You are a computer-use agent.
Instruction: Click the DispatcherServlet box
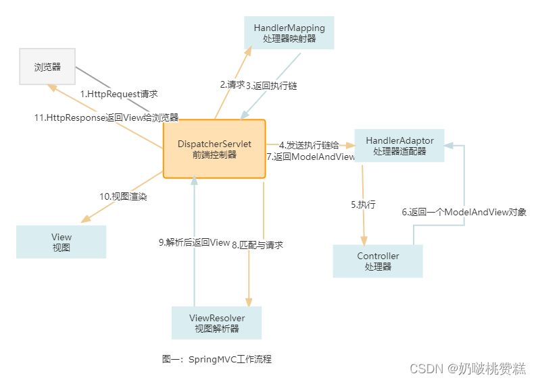(214, 149)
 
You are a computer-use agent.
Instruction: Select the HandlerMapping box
(289, 33)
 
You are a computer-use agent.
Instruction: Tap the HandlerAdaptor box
(399, 145)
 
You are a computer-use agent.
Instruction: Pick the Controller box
(378, 261)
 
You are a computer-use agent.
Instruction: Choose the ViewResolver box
(216, 323)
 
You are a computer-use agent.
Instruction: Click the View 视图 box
(61, 242)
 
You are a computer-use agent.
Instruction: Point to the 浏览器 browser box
(47, 67)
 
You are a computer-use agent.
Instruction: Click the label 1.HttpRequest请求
(119, 94)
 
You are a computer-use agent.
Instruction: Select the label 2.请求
(232, 85)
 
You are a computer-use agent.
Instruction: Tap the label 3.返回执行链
(271, 86)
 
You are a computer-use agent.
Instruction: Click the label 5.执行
(363, 204)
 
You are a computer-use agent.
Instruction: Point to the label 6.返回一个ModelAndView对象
(464, 212)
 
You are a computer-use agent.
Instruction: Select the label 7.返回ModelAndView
(310, 157)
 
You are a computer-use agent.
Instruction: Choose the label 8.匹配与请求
(258, 244)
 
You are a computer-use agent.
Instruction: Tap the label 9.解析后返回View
(195, 242)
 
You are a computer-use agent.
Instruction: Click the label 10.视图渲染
(123, 196)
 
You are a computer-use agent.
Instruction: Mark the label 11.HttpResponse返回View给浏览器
(106, 117)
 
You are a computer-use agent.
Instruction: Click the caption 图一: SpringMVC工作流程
(216, 359)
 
